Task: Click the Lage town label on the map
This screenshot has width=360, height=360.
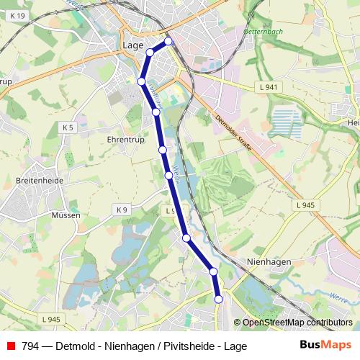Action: (x=132, y=45)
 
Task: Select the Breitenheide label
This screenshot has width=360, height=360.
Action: (x=40, y=181)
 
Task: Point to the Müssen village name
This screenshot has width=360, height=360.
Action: (x=65, y=215)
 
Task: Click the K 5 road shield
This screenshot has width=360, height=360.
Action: (x=68, y=127)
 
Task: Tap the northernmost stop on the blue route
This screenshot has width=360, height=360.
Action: (x=168, y=42)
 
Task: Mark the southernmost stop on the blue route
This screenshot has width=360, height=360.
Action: (x=218, y=299)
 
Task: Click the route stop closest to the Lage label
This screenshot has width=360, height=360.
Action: (x=150, y=52)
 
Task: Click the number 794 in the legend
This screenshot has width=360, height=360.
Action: (x=30, y=346)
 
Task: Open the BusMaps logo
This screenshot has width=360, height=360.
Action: (x=326, y=346)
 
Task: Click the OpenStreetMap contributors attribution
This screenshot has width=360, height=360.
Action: (x=297, y=323)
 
